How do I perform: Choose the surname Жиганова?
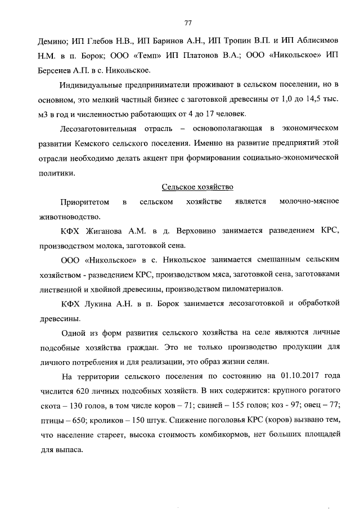point(112,231)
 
